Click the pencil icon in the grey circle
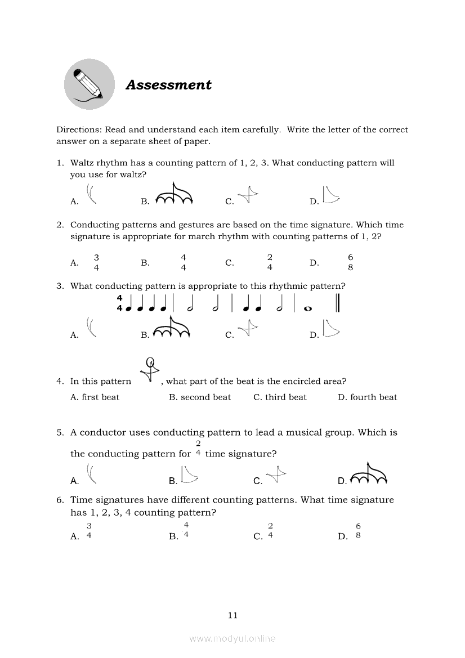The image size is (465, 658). tap(88, 84)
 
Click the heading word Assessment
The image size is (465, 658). tap(168, 85)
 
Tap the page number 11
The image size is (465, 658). tap(232, 615)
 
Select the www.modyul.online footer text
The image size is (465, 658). tap(232, 638)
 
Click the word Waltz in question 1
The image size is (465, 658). tap(82, 163)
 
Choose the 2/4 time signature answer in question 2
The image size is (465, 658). tap(270, 262)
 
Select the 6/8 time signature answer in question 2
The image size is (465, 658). tap(351, 262)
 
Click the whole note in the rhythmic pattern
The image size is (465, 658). tap(308, 308)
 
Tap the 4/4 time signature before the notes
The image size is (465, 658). tap(119, 303)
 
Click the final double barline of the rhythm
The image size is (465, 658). tap(338, 303)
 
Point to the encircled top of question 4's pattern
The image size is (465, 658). tap(150, 362)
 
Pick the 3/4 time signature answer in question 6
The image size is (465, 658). tap(89, 531)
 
